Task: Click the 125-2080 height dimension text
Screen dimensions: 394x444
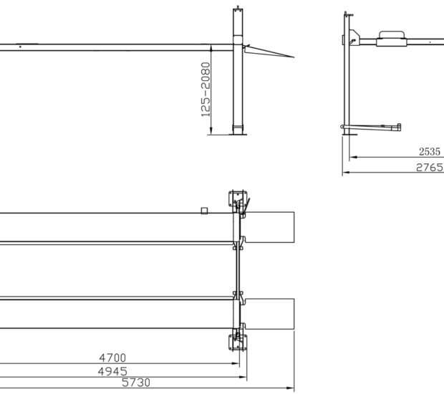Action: (x=206, y=90)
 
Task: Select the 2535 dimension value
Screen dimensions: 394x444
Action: (x=430, y=152)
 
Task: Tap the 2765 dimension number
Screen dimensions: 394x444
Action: (x=430, y=168)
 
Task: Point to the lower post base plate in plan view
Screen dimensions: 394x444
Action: (x=235, y=342)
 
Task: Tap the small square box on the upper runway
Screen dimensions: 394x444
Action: (x=204, y=210)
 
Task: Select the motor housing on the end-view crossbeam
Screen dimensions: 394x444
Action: (x=392, y=35)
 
